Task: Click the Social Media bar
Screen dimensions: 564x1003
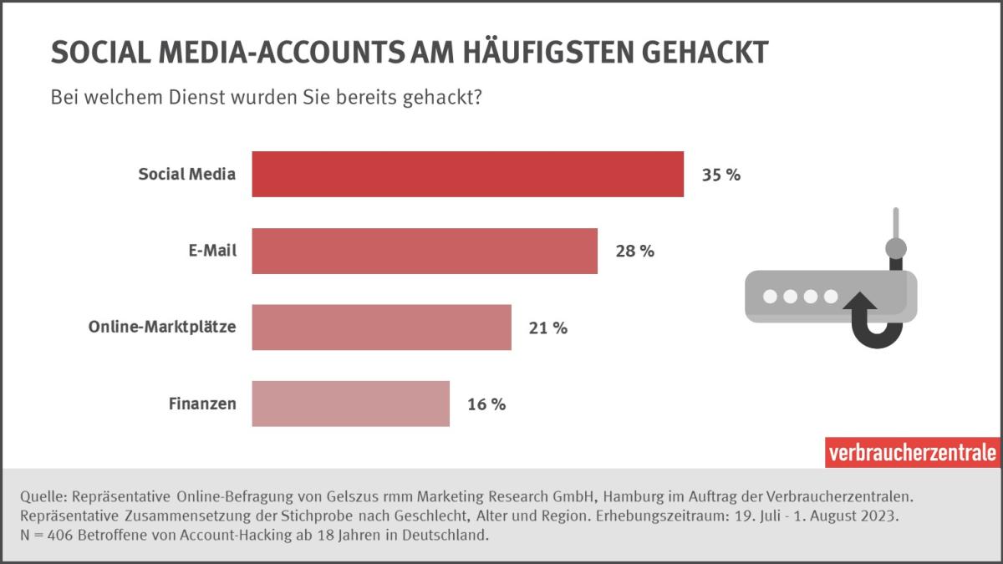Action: pyautogui.click(x=467, y=175)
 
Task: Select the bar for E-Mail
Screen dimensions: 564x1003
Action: pyautogui.click(x=425, y=251)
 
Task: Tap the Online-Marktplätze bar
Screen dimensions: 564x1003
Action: pyautogui.click(x=381, y=328)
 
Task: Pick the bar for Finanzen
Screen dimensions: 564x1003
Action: pyautogui.click(x=350, y=404)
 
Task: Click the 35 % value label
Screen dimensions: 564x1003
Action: pyautogui.click(x=720, y=175)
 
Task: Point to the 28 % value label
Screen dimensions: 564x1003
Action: pyautogui.click(x=634, y=252)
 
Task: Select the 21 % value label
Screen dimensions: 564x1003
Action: pyautogui.click(x=548, y=328)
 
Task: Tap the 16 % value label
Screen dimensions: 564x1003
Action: pyautogui.click(x=486, y=405)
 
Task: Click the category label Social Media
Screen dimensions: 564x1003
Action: pyautogui.click(x=187, y=175)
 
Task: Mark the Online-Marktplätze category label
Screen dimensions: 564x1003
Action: pyautogui.click(x=162, y=328)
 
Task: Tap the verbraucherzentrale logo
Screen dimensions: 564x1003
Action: pyautogui.click(x=913, y=453)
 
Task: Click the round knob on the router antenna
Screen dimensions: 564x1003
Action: pyautogui.click(x=895, y=248)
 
